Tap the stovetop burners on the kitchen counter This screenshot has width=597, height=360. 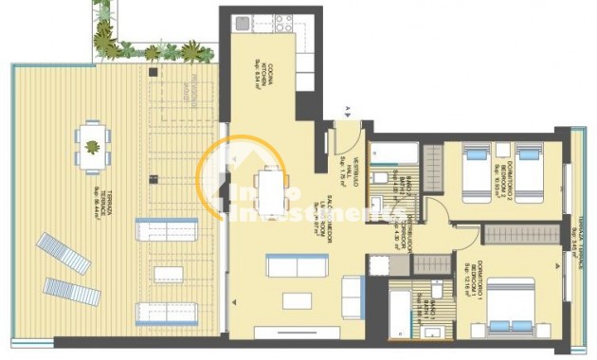[x=281, y=20]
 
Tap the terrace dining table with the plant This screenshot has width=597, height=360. [x=92, y=147]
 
